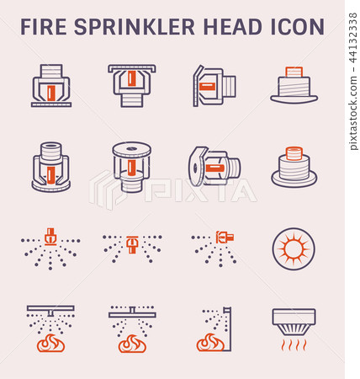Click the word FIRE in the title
(x=44, y=27)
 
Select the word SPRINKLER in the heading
(x=135, y=27)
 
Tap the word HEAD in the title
(x=233, y=27)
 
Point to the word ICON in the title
(x=298, y=27)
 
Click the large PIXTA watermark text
(x=200, y=190)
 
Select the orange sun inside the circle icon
(x=294, y=248)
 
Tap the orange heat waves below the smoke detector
(x=294, y=344)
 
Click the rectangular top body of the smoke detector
(x=294, y=317)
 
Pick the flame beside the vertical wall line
(x=210, y=343)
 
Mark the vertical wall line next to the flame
(x=230, y=328)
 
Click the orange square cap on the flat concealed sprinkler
(x=294, y=72)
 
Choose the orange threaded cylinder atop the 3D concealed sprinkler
(x=294, y=153)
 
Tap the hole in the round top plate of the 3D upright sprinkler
(x=131, y=149)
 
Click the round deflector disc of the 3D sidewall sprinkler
(x=195, y=166)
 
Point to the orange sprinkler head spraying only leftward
(x=225, y=238)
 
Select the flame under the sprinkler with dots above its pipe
(x=132, y=344)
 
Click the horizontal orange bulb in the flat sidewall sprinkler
(x=208, y=87)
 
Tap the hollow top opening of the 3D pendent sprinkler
(x=51, y=147)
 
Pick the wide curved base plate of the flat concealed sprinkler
(x=294, y=99)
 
